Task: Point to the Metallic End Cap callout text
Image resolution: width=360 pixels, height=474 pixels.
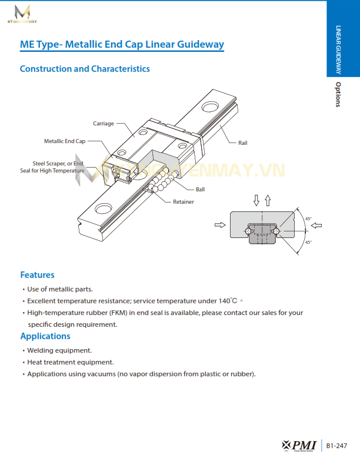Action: [x=65, y=141]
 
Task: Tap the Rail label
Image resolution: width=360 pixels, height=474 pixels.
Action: [x=243, y=143]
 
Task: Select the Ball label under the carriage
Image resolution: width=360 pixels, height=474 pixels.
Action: [x=200, y=190]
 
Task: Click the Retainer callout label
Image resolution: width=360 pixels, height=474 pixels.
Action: [x=183, y=202]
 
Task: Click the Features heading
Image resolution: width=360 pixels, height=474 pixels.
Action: [x=37, y=275]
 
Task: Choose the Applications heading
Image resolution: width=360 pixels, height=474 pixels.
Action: [x=45, y=336]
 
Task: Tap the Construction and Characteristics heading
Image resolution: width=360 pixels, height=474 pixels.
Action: [x=85, y=69]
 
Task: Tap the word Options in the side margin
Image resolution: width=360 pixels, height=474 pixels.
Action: [x=338, y=94]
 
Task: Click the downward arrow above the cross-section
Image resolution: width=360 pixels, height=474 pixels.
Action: [x=256, y=200]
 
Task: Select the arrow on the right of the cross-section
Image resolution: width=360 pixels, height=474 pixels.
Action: [x=316, y=224]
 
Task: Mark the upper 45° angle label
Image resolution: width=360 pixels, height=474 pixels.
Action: [x=308, y=219]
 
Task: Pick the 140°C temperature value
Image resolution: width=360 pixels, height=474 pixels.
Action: [x=228, y=300]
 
